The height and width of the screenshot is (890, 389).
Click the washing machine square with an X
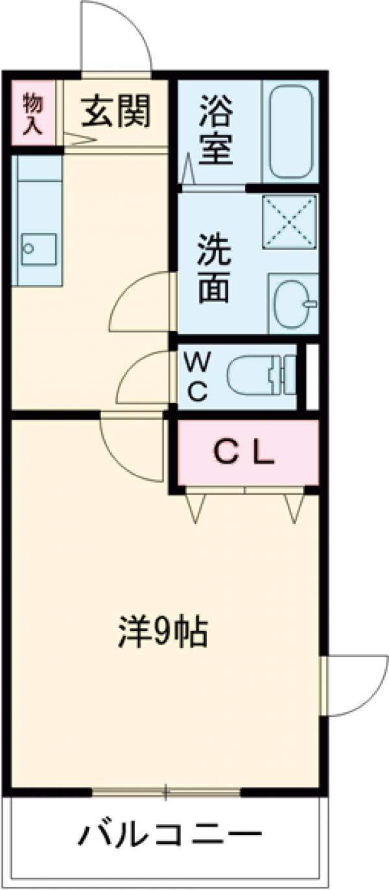(289, 221)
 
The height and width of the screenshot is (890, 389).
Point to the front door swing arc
(117, 36)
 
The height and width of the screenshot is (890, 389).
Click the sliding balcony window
(166, 792)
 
